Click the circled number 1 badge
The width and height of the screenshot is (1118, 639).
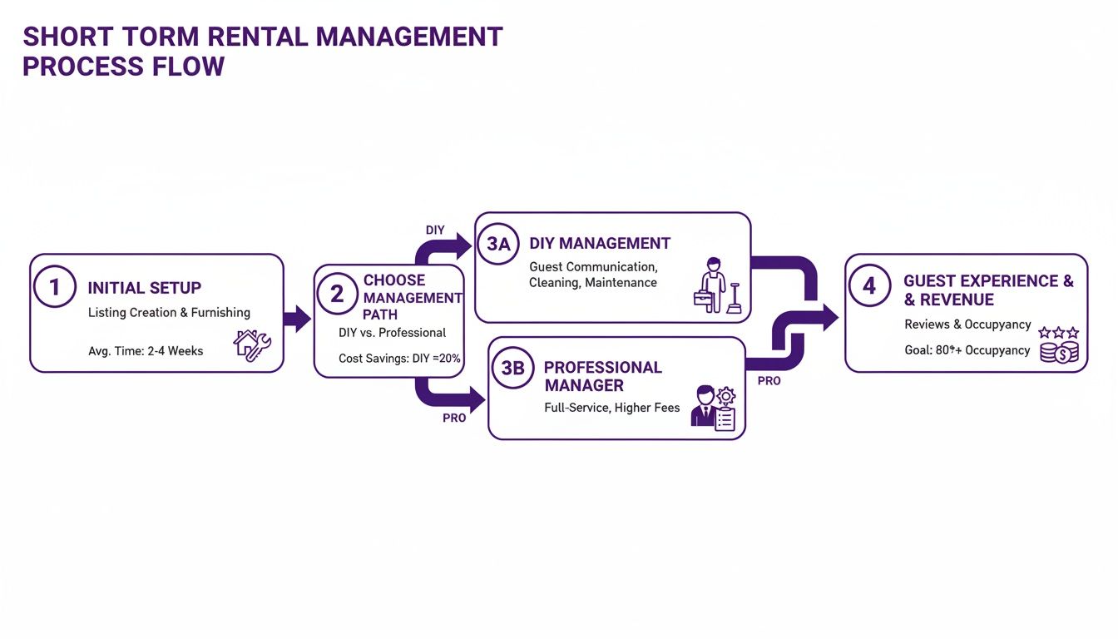(x=55, y=286)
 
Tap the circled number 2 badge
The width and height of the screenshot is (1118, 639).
(x=337, y=294)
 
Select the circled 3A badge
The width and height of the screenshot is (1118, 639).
(x=497, y=243)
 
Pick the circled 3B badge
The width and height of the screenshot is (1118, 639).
(x=512, y=367)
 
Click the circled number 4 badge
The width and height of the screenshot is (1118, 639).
(x=869, y=286)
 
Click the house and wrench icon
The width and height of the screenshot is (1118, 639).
(x=252, y=344)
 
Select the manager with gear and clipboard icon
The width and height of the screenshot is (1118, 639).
(x=715, y=407)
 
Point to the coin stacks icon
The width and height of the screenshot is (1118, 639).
(x=1059, y=352)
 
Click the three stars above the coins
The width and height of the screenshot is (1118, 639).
(x=1059, y=332)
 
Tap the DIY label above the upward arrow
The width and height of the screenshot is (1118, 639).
(x=435, y=230)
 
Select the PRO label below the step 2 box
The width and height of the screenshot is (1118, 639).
(x=454, y=419)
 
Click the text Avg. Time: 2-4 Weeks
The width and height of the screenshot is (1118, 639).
(x=146, y=351)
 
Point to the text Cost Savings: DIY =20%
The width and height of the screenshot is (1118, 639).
(x=399, y=359)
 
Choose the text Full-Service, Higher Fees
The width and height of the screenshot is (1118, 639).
(x=611, y=408)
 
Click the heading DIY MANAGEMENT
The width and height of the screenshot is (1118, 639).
(x=600, y=244)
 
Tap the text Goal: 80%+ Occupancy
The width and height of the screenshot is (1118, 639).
(x=967, y=350)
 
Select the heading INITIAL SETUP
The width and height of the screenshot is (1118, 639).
(x=145, y=288)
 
